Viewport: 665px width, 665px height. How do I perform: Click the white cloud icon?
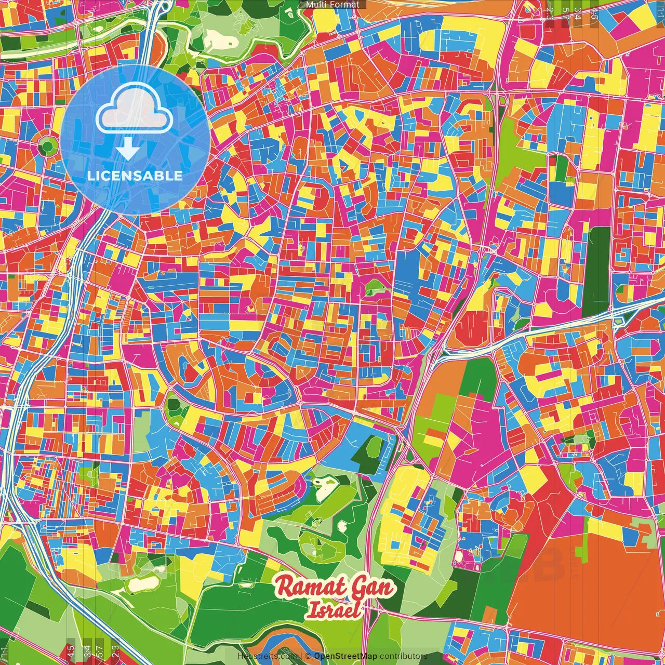pyautogui.click(x=135, y=109)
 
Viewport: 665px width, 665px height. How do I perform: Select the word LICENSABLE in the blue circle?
pyautogui.click(x=135, y=176)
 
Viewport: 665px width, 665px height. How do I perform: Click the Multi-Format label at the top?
pyautogui.click(x=332, y=5)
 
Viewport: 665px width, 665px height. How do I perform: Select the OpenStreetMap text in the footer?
pyautogui.click(x=345, y=656)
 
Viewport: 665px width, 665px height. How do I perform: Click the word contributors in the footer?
pyautogui.click(x=404, y=656)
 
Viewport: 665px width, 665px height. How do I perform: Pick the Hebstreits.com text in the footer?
pyautogui.click(x=267, y=656)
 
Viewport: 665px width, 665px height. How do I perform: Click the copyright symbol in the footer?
pyautogui.click(x=308, y=656)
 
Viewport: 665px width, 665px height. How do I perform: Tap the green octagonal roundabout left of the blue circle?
pyautogui.click(x=47, y=146)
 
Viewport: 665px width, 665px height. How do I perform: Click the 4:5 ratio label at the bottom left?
pyautogui.click(x=71, y=651)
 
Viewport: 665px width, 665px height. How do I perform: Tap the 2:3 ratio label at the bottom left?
pyautogui.click(x=115, y=651)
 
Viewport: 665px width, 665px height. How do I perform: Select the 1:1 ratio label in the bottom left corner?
pyautogui.click(x=5, y=651)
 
